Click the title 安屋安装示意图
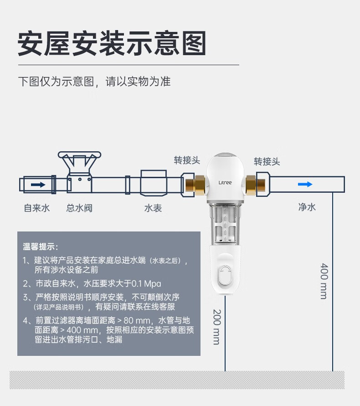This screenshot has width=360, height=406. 112,44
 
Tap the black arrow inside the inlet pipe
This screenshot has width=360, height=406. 38,185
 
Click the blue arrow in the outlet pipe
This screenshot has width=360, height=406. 305,184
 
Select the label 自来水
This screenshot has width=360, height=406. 37,208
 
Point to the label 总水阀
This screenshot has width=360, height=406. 79,208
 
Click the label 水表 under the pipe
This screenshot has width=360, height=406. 153,208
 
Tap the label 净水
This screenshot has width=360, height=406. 307,207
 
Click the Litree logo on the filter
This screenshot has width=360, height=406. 225,183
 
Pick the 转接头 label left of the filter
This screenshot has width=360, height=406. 187,160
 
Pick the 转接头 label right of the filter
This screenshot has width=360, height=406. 267,161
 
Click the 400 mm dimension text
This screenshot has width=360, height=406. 324,281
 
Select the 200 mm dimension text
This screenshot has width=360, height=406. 216,326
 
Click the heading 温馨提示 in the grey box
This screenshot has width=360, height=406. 41,247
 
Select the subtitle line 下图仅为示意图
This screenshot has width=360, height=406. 94,82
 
